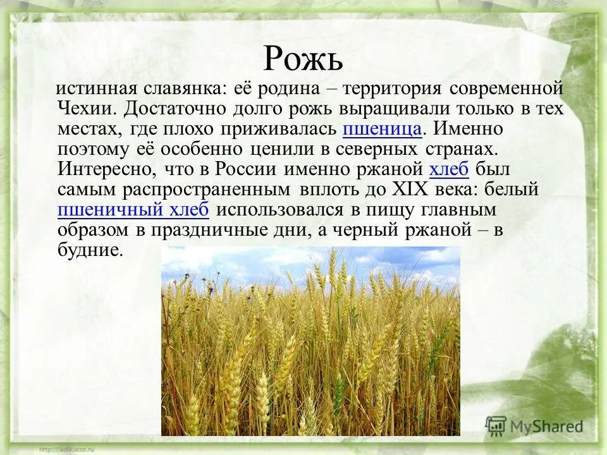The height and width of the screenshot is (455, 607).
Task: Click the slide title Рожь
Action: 303,59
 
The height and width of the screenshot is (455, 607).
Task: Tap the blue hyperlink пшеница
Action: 382,129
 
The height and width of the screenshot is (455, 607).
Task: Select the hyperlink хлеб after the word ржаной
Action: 450,169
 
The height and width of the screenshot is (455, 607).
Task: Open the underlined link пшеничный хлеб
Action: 133,210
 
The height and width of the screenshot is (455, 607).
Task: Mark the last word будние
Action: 89,250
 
